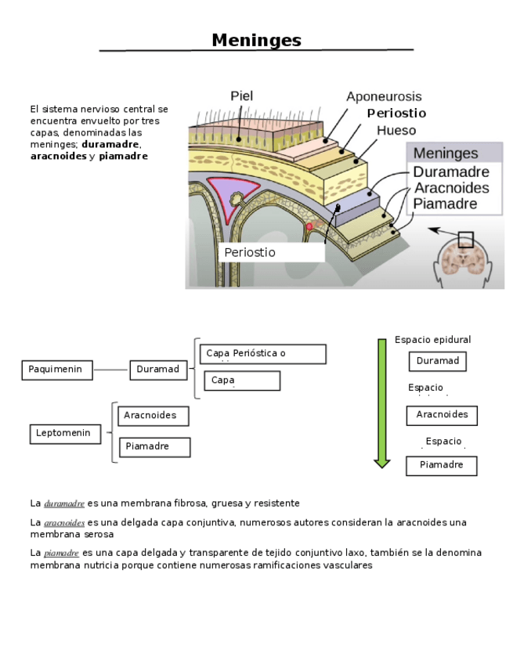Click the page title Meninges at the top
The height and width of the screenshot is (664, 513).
point(256,41)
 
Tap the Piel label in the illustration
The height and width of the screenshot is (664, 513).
point(241,96)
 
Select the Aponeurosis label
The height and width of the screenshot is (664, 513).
point(384,97)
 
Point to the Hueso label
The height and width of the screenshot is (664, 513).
point(396,131)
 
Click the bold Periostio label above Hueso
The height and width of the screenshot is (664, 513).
point(396,114)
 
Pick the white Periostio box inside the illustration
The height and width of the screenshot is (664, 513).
point(270,252)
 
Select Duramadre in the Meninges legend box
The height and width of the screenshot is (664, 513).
point(450,171)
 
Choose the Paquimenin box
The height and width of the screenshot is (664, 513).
point(56,370)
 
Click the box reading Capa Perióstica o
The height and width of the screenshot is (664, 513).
point(262,354)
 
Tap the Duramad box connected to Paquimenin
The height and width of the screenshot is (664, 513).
point(157,370)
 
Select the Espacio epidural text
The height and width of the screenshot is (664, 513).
point(432,340)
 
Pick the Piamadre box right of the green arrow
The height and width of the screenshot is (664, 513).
point(441,465)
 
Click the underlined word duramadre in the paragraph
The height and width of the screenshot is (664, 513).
point(64,503)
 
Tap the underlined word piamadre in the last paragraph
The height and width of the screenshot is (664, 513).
point(62,553)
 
